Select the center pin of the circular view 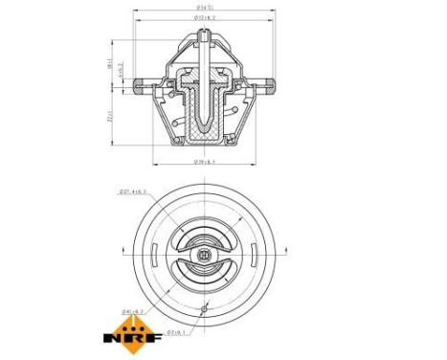pyautogui.click(x=205, y=256)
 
